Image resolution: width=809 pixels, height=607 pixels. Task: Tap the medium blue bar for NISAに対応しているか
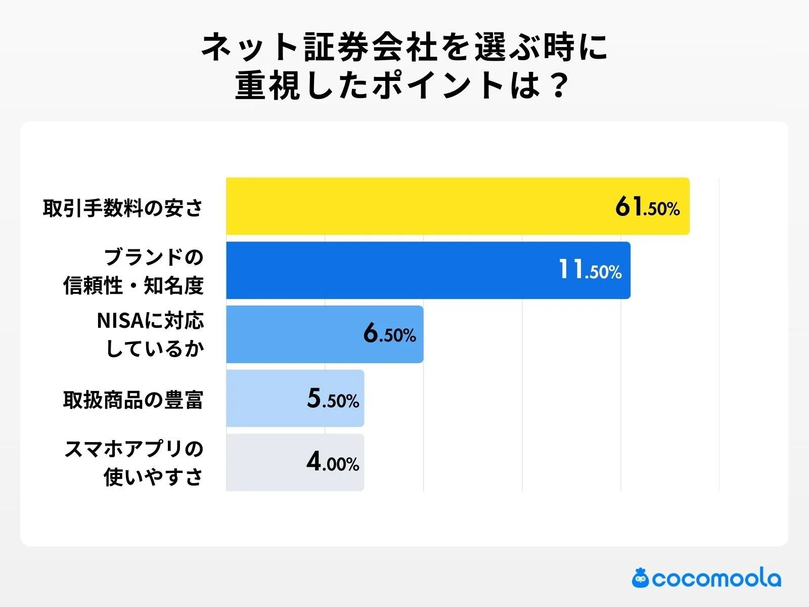[293, 334]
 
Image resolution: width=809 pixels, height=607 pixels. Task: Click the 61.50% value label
[647, 207]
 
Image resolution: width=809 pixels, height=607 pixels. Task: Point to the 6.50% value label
[389, 334]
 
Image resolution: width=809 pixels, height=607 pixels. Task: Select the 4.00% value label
[333, 462]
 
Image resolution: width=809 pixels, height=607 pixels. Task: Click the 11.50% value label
[590, 270]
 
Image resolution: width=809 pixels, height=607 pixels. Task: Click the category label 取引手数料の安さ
[123, 208]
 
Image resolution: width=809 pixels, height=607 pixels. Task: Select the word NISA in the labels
[114, 321]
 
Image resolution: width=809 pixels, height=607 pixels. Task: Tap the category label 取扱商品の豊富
[133, 400]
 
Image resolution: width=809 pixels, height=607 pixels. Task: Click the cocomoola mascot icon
[640, 578]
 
